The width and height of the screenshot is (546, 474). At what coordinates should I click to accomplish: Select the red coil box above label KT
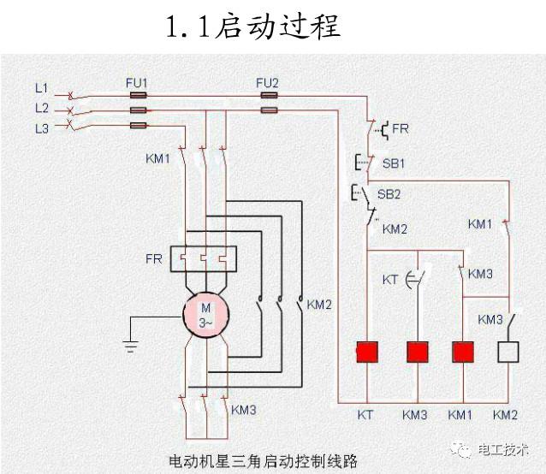(x=367, y=353)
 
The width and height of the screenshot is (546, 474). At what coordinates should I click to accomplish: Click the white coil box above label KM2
(x=508, y=353)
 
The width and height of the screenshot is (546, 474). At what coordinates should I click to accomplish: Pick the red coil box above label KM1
(x=463, y=353)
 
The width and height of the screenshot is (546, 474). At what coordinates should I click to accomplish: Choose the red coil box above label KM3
(x=417, y=353)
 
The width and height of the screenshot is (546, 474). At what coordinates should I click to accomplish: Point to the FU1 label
(x=137, y=82)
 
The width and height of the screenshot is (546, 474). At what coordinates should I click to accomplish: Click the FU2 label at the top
(x=268, y=82)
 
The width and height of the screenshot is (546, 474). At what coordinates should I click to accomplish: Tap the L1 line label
(x=41, y=87)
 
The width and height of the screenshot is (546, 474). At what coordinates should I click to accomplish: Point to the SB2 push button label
(x=389, y=194)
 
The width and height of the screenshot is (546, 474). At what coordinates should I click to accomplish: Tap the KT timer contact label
(x=390, y=280)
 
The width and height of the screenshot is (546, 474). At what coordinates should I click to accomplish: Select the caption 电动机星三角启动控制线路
(x=264, y=460)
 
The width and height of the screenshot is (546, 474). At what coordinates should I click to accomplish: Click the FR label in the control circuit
(x=401, y=129)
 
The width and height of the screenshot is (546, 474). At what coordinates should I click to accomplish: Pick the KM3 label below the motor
(x=243, y=409)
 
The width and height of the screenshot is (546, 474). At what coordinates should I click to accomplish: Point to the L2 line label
(x=41, y=108)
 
